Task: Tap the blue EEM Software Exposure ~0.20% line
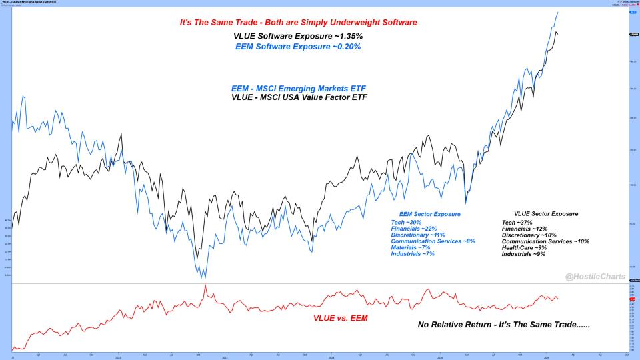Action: click(298, 47)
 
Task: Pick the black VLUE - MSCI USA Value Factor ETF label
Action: click(299, 97)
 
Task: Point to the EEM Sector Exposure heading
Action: click(429, 214)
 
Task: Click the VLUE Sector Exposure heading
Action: click(541, 213)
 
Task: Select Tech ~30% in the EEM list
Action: click(406, 222)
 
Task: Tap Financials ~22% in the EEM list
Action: click(413, 229)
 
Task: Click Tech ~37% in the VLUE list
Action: click(517, 222)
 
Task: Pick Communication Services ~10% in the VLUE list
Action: click(545, 241)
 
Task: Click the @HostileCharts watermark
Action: click(593, 275)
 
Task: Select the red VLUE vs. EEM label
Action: click(341, 317)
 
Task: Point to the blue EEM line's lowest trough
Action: click(204, 277)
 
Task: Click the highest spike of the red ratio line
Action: click(205, 285)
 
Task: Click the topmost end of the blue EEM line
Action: click(557, 12)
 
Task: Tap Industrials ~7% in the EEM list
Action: click(412, 254)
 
